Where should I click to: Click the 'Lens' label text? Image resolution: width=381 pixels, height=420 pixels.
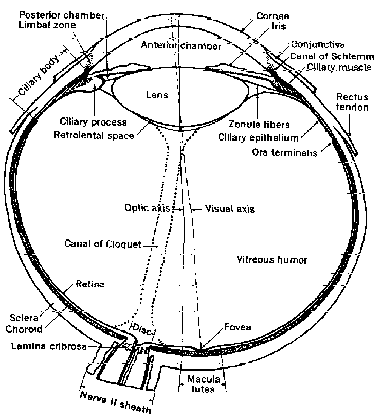tap(157, 95)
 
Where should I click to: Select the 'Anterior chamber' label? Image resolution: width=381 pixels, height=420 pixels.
tap(181, 46)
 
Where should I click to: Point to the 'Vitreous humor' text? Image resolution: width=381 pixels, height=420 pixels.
tap(272, 260)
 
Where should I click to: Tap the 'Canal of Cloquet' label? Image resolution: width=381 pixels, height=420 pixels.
tap(103, 244)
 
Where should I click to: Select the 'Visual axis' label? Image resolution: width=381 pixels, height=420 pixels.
tap(229, 209)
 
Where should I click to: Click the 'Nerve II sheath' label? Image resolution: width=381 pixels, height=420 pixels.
tap(115, 403)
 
